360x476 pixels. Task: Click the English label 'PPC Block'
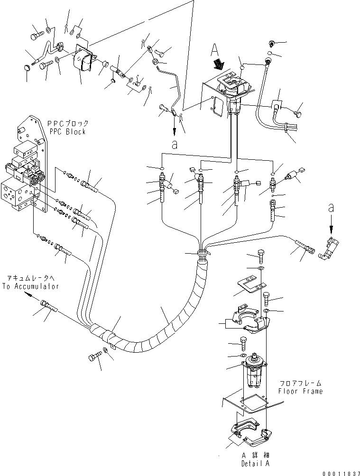(66, 131)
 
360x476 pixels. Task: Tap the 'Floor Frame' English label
(300, 391)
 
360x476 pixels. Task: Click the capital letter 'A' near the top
(214, 49)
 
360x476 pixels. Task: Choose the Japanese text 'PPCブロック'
(66, 123)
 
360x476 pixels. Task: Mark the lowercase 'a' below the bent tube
(174, 146)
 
